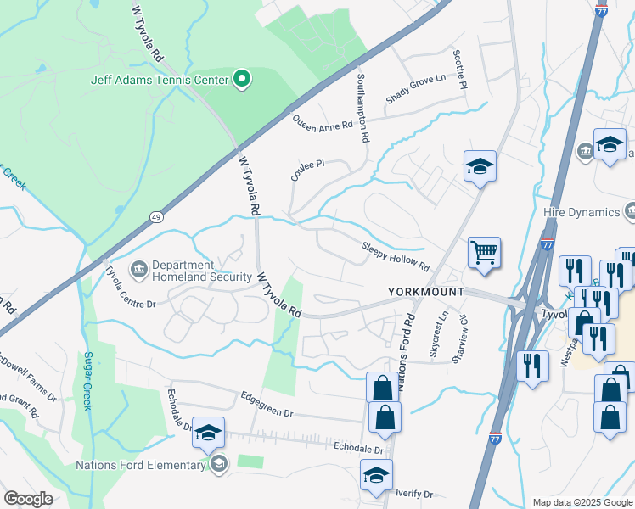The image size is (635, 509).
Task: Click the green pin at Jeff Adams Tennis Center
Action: [242, 80]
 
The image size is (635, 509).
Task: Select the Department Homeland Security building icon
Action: [138, 270]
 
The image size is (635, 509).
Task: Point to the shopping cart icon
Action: [484, 251]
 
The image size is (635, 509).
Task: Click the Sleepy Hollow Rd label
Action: [396, 255]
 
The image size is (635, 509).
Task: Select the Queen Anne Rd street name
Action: [323, 124]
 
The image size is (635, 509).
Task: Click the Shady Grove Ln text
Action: [415, 88]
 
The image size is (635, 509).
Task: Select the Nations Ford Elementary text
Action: [141, 464]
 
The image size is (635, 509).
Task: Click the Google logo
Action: [28, 499]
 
